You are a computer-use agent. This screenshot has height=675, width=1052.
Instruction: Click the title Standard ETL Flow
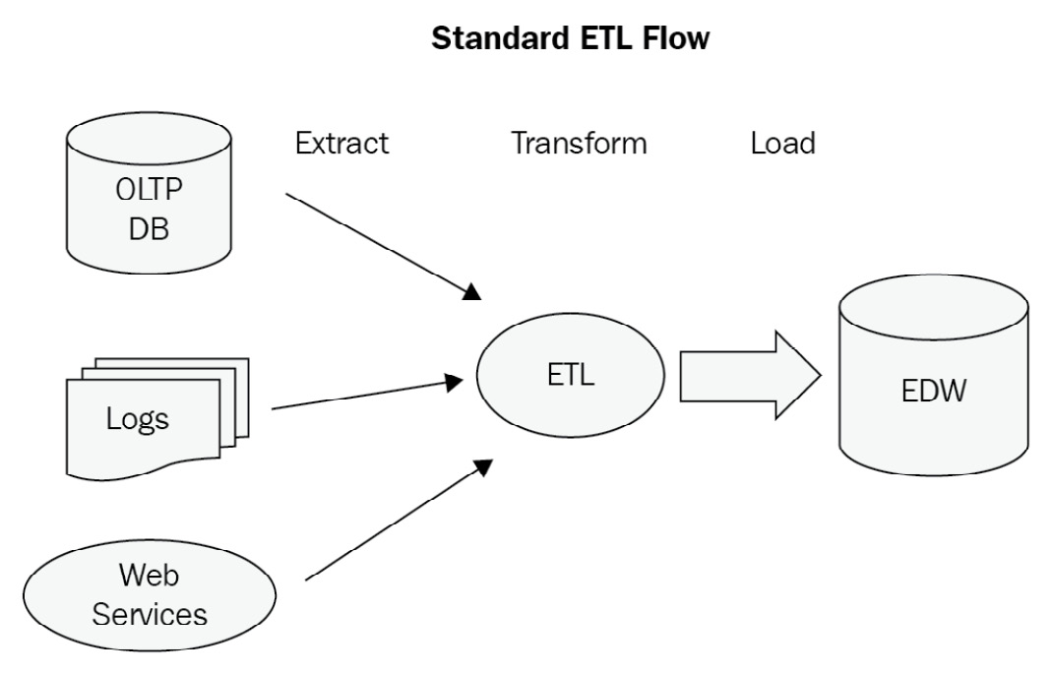click(571, 39)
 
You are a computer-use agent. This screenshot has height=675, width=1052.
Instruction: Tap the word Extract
click(341, 144)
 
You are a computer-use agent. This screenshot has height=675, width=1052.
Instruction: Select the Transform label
click(579, 144)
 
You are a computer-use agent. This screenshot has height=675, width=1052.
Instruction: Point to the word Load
click(782, 144)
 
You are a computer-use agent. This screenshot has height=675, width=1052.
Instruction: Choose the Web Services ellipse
click(150, 594)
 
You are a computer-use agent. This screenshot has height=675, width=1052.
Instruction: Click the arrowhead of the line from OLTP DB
click(472, 290)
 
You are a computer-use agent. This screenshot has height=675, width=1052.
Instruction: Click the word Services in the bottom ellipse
click(150, 614)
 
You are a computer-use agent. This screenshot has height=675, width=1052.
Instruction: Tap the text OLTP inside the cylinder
click(149, 190)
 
